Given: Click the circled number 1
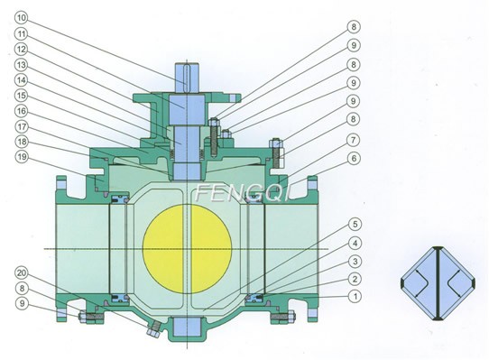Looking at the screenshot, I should click(356, 295).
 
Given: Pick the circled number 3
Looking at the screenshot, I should click(356, 260).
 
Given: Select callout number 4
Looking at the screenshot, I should click(356, 242).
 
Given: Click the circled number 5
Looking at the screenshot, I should click(356, 224).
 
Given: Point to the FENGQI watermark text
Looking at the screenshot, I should click(236, 193).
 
